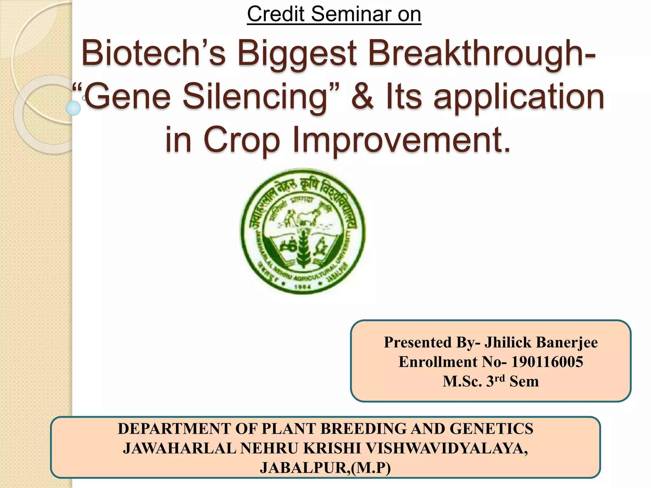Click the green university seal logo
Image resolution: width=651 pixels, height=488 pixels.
tap(303, 231)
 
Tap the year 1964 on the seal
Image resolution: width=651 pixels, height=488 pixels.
tap(303, 287)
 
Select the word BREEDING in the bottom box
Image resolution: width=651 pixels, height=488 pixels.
tap(364, 429)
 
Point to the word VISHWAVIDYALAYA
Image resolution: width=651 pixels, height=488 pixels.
tap(447, 448)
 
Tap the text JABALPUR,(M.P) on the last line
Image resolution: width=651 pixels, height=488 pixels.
tap(325, 468)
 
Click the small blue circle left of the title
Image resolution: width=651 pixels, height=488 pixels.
tap(73, 108)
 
